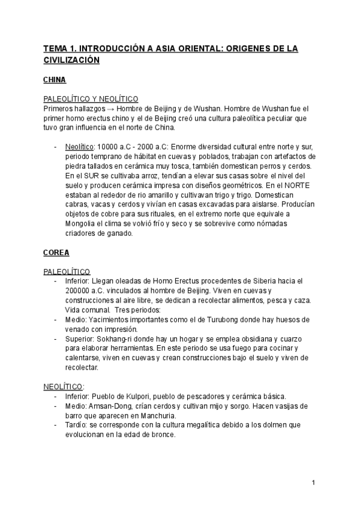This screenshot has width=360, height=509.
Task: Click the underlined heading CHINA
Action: click(x=55, y=79)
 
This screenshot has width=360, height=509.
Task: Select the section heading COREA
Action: click(x=56, y=253)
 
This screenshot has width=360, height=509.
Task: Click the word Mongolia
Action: click(x=81, y=224)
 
